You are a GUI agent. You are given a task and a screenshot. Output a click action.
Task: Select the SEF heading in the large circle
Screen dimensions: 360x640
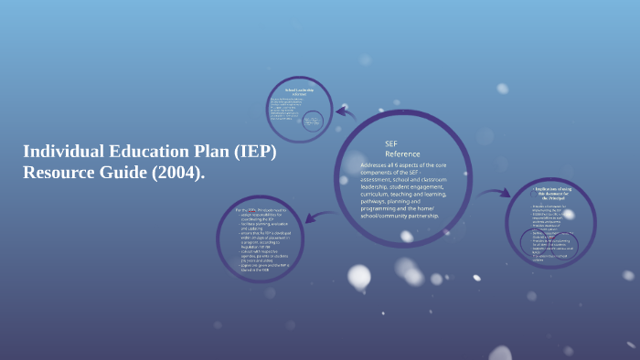pos(391,144)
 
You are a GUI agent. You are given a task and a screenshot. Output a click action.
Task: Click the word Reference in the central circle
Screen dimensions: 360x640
pos(402,154)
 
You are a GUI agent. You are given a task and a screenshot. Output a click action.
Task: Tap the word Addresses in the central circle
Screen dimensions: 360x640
pos(379,165)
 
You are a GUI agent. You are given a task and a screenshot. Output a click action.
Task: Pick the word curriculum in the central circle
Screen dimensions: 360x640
pos(381,195)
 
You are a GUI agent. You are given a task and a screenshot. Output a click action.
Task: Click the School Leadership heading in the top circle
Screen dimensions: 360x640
pos(300,90)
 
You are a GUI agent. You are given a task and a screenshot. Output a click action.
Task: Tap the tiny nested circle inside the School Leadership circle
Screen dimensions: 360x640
pos(314,121)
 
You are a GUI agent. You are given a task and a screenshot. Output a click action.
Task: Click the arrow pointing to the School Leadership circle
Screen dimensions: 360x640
pos(346,113)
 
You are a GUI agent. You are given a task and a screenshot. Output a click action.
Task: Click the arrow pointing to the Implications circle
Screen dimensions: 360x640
pos(498,194)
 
